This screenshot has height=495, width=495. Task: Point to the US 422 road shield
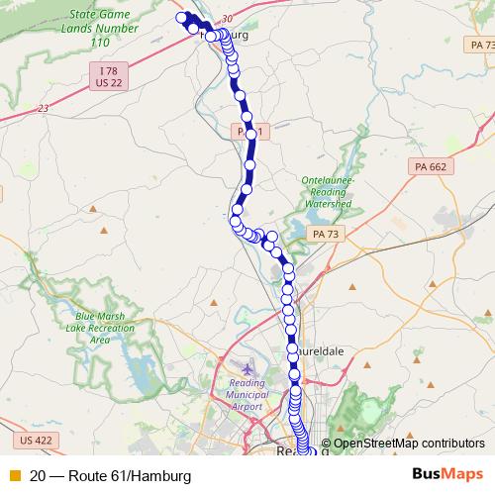[x=35, y=439]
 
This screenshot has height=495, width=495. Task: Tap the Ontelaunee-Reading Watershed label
[x=327, y=191]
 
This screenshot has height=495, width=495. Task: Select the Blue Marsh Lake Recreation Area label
[x=99, y=328]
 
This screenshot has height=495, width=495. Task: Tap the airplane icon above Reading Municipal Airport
[x=247, y=371]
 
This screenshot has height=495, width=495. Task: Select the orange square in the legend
[x=14, y=475]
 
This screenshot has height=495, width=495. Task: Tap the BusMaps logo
[x=447, y=474]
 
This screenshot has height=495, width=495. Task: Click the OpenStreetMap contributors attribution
[x=409, y=444]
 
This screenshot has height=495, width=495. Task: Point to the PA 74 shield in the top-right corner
[x=481, y=47]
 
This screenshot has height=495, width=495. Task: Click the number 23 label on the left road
[x=43, y=109]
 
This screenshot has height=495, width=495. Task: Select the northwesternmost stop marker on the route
[x=181, y=17]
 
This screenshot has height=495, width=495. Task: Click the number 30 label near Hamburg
[x=228, y=19]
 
